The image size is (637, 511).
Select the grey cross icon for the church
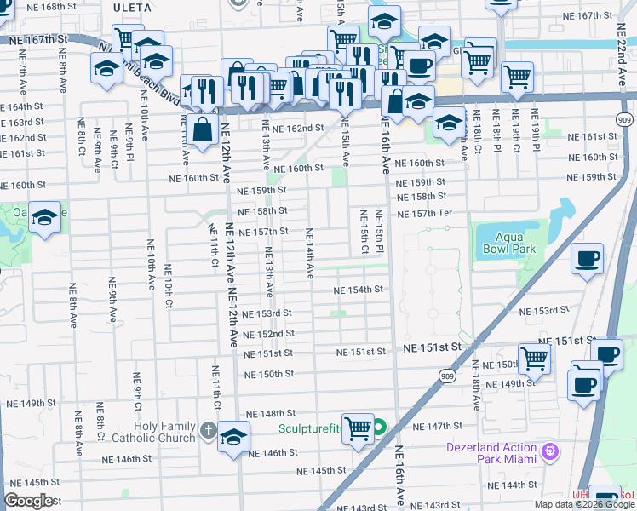pyautogui.click(x=209, y=428)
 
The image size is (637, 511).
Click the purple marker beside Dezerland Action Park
pyautogui.click(x=551, y=449)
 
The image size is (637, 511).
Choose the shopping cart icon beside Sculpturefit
pyautogui.click(x=358, y=428)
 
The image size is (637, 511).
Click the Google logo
pyautogui.click(x=30, y=501)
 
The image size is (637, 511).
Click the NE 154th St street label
pyautogui.click(x=359, y=290)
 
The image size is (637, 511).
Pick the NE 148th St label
pyautogui.click(x=271, y=414)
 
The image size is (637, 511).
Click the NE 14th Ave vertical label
pyautogui.click(x=309, y=254)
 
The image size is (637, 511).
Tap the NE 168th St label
pyautogui.click(x=41, y=7)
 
